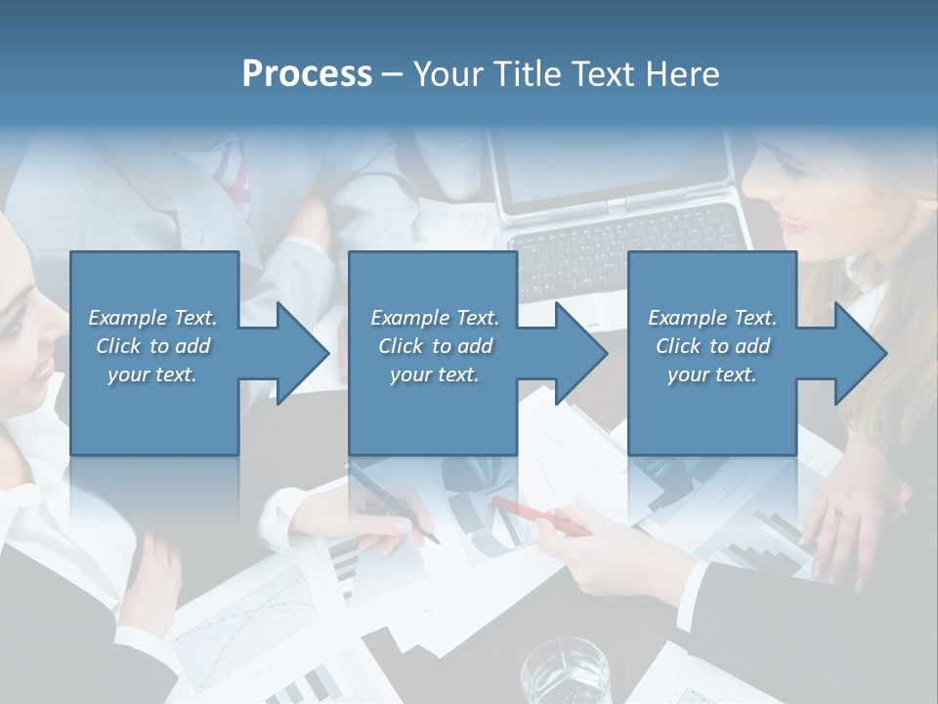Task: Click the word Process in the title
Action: click(x=307, y=74)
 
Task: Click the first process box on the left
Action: click(x=154, y=411)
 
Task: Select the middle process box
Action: click(x=433, y=411)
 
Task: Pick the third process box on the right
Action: click(x=711, y=411)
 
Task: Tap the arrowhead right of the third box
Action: click(x=859, y=353)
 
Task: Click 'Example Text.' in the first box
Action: click(x=152, y=318)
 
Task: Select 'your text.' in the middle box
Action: click(x=434, y=374)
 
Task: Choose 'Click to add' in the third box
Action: click(x=712, y=346)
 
